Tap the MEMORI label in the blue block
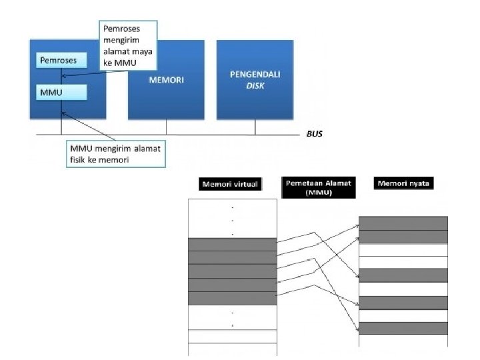pyautogui.click(x=166, y=80)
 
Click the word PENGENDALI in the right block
pyautogui.click(x=255, y=74)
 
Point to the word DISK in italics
pyautogui.click(x=255, y=85)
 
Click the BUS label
pyautogui.click(x=314, y=133)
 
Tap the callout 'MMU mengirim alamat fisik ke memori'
pyautogui.click(x=115, y=153)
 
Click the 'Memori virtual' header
pyautogui.click(x=229, y=184)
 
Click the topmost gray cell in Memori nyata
pyautogui.click(x=403, y=223)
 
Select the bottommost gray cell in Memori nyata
pyautogui.click(x=403, y=328)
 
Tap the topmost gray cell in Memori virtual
pyautogui.click(x=232, y=244)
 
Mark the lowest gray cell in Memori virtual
pyautogui.click(x=232, y=298)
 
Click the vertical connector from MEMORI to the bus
pyautogui.click(x=166, y=127)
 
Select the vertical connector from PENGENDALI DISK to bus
pyautogui.click(x=255, y=127)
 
